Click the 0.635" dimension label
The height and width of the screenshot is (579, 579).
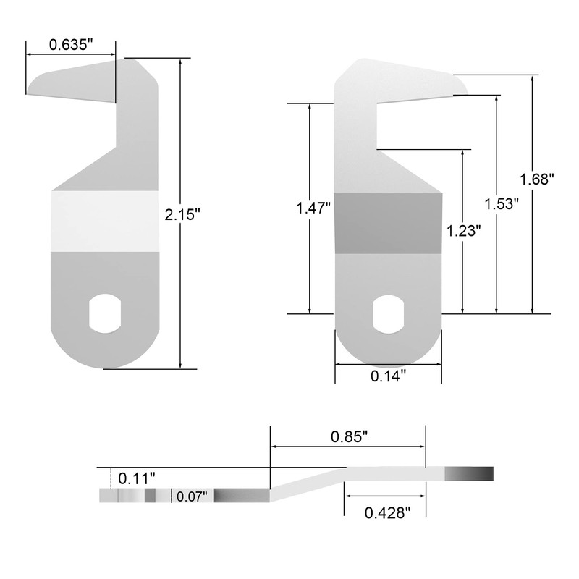pyautogui.click(x=71, y=44)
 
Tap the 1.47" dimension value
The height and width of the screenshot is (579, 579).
pyautogui.click(x=313, y=208)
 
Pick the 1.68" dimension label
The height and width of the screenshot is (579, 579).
pyautogui.click(x=537, y=178)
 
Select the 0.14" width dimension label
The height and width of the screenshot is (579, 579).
pyautogui.click(x=388, y=375)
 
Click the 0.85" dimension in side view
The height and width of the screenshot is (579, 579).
pyautogui.click(x=349, y=436)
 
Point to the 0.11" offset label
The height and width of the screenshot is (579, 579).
pyautogui.click(x=137, y=478)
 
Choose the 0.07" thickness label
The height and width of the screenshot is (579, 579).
pyautogui.click(x=191, y=496)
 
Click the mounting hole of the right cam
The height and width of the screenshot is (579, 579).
pyautogui.click(x=388, y=313)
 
